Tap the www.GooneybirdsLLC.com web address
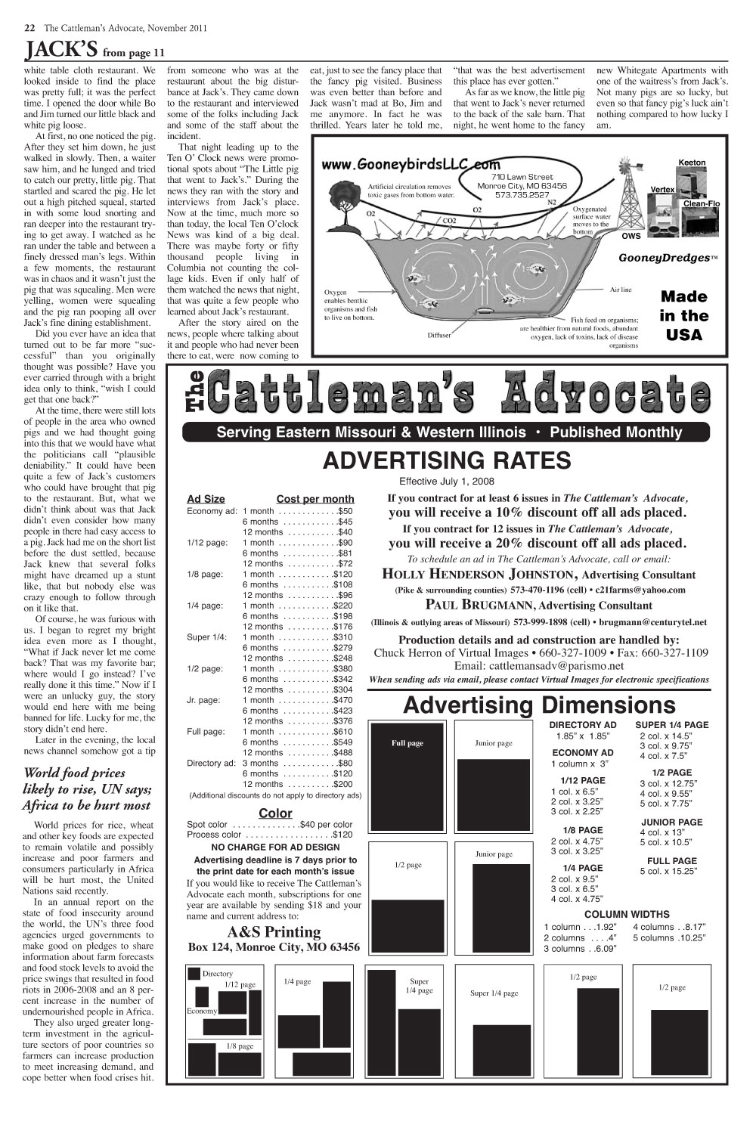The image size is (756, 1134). (411, 164)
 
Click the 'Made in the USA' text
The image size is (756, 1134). (684, 316)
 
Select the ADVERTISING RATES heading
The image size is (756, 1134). (446, 460)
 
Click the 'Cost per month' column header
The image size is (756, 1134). (315, 499)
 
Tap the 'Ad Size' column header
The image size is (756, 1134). (206, 499)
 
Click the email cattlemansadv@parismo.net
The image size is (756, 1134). (539, 666)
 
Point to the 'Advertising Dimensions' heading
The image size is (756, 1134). (539, 705)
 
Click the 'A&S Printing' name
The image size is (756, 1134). (274, 931)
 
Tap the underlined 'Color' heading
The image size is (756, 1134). (275, 813)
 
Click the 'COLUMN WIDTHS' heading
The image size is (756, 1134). (627, 914)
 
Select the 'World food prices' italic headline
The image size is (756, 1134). (75, 773)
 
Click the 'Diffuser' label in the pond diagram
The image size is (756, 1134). (439, 334)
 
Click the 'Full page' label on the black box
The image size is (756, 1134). (407, 743)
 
